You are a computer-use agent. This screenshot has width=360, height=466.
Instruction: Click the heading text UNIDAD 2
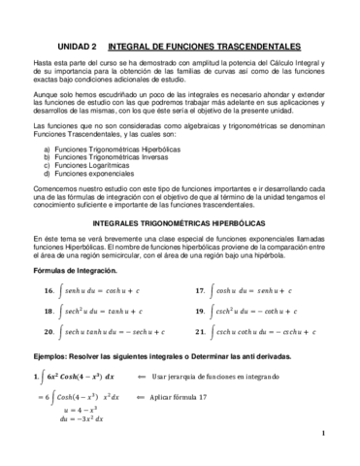pyautogui.click(x=70, y=45)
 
